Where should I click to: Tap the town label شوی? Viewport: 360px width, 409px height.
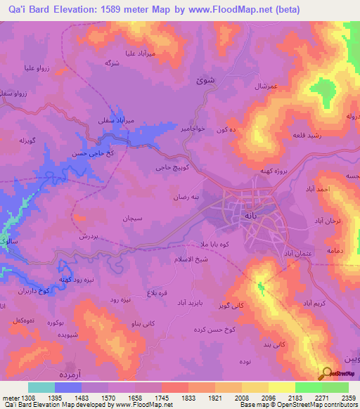[204, 81]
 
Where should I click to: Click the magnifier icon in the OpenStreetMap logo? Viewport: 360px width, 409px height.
[327, 373]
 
